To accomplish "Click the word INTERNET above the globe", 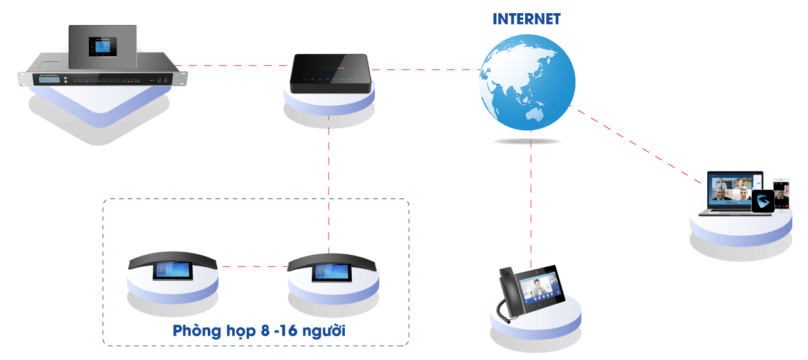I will (x=526, y=19).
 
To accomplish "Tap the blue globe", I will (x=527, y=85).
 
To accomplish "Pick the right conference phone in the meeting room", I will (x=334, y=267).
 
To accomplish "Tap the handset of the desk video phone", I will (x=508, y=287).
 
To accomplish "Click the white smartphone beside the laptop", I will (x=780, y=195).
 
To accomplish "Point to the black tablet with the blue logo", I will (x=762, y=202).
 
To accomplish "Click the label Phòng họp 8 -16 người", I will (x=259, y=331).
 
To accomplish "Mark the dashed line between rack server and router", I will (x=232, y=65).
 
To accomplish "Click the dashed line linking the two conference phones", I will (x=253, y=267).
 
